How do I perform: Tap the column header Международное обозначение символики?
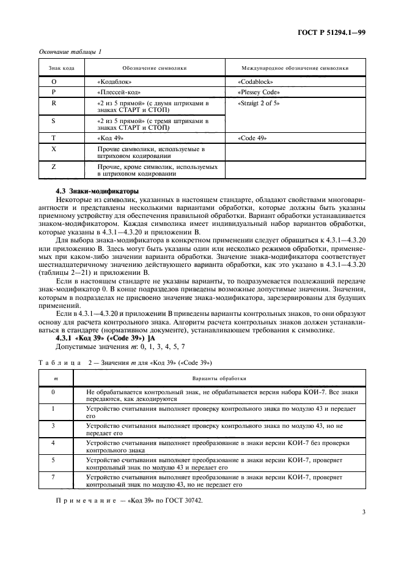[296, 68]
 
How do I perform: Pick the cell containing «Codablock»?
[255, 81]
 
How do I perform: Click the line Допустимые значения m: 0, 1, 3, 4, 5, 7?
[107, 346]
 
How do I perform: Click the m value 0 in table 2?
[54, 391]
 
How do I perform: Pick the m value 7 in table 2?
[54, 476]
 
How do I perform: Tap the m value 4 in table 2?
[54, 442]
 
